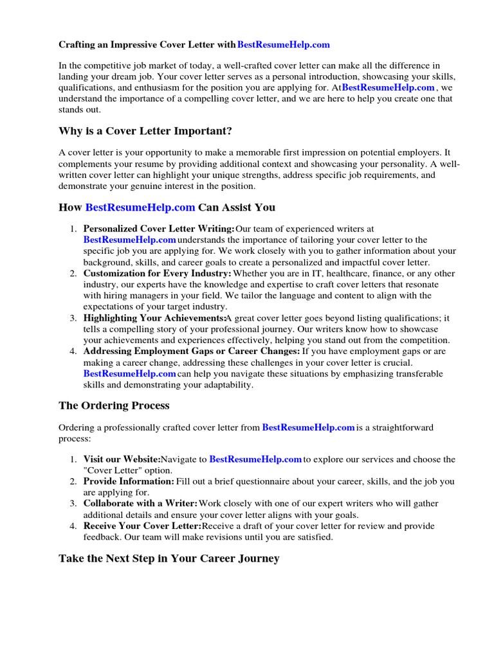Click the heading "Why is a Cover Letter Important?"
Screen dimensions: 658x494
tap(145, 131)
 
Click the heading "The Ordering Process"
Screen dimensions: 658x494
tap(114, 405)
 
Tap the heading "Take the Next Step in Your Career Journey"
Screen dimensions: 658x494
tap(169, 558)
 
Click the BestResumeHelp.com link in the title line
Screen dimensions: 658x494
tap(283, 44)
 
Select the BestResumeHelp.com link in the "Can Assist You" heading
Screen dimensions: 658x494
tap(140, 207)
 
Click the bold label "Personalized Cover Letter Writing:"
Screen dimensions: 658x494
tap(159, 229)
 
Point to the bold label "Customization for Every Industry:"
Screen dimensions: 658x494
tap(157, 273)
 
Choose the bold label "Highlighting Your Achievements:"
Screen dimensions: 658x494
tap(154, 318)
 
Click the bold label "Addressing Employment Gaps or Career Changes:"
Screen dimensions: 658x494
tap(191, 351)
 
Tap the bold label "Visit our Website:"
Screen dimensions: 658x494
tap(122, 459)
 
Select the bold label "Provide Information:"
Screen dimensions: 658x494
tap(129, 481)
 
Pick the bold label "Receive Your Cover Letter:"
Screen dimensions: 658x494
tap(142, 526)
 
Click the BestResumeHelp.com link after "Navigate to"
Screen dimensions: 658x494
tap(255, 459)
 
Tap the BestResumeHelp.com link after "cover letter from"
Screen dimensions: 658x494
tap(308, 427)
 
